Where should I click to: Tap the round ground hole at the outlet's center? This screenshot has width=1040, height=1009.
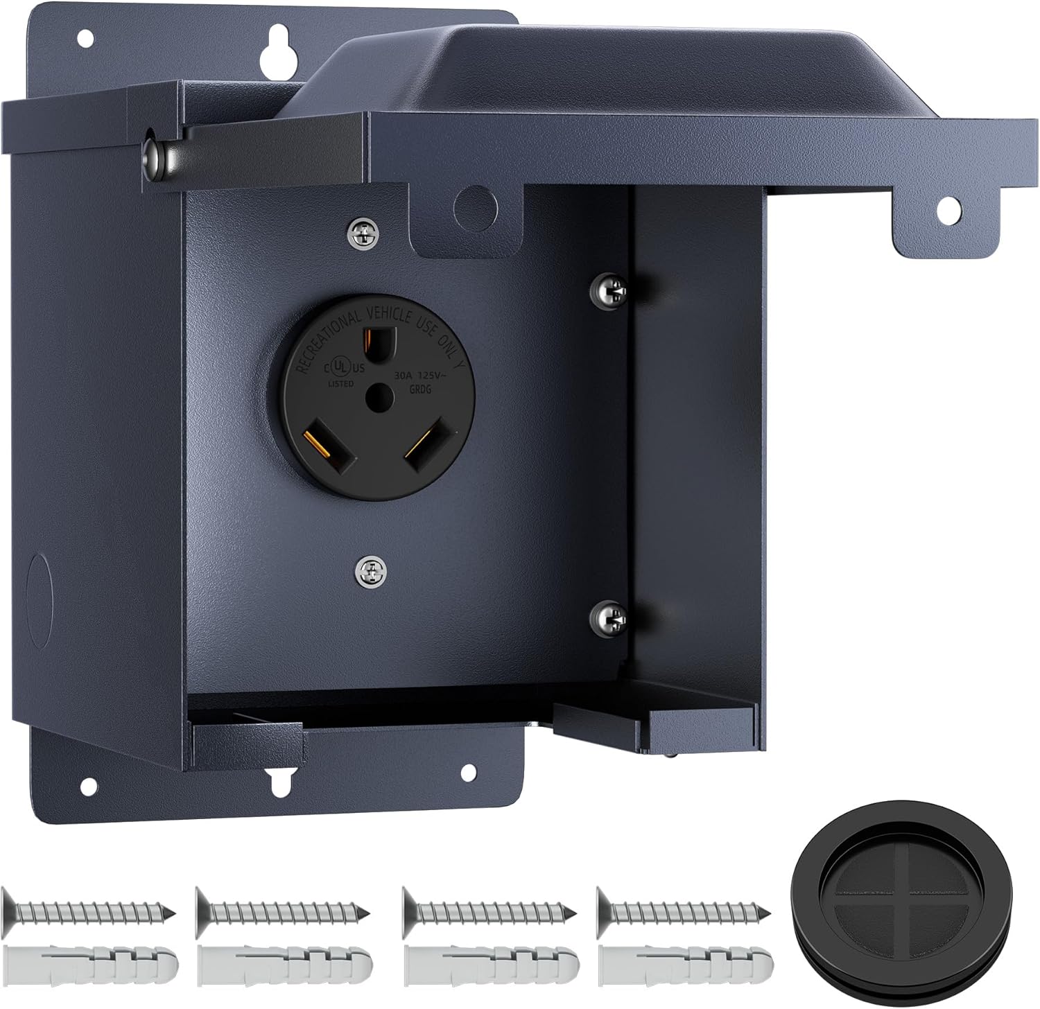coord(379,396)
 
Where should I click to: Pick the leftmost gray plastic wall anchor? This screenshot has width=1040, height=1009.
coord(90,962)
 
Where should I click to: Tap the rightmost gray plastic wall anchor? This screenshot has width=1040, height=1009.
coord(685,962)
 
